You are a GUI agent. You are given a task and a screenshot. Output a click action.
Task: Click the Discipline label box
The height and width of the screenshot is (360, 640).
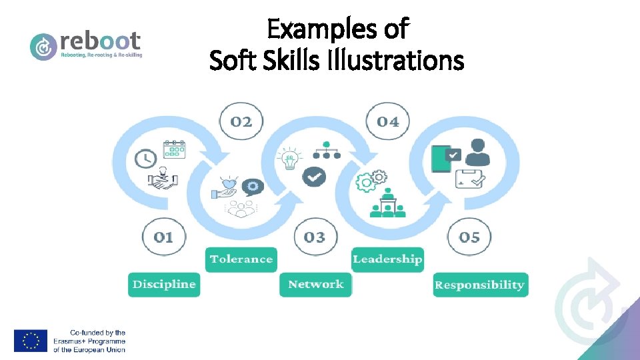tap(164, 285)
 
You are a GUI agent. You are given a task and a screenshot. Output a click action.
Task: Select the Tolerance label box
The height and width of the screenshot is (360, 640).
tap(241, 259)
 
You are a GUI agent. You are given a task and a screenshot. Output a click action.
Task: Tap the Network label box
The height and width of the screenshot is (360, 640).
tap(315, 285)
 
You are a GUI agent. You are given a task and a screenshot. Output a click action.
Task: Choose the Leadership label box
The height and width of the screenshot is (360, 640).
tap(387, 259)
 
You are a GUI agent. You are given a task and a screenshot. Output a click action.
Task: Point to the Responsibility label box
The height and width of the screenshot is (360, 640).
tap(480, 285)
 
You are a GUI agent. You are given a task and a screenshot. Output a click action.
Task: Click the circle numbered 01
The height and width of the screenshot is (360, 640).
tap(163, 237)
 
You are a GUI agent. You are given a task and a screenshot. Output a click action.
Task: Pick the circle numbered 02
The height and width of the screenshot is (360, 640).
tap(241, 121)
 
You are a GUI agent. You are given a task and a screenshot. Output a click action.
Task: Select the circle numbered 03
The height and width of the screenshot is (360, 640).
tap(315, 237)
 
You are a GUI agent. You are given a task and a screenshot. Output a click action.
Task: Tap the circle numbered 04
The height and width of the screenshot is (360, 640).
tap(388, 121)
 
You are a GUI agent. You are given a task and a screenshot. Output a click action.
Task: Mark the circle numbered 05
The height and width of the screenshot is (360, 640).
tap(469, 237)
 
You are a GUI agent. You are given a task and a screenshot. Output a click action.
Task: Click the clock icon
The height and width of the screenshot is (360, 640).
tap(145, 159)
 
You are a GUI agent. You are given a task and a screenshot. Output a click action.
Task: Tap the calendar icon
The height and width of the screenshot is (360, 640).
tap(175, 148)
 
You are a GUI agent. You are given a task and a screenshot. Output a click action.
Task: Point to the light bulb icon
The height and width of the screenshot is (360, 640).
tap(289, 159)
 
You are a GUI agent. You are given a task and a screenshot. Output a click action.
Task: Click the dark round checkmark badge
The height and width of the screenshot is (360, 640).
tap(314, 176)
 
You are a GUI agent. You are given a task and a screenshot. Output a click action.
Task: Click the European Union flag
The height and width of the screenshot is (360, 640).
tap(31, 341)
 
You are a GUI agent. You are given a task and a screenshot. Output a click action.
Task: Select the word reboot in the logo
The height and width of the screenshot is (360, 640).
tap(100, 39)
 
